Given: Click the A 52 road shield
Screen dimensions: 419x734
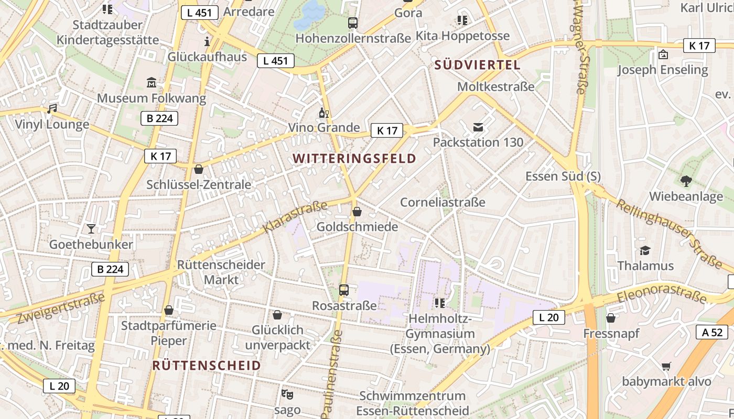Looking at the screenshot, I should coord(712,332).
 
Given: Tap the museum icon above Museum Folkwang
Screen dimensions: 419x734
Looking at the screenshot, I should coord(152,82).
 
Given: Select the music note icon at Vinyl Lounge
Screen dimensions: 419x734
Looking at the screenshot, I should coord(51,109).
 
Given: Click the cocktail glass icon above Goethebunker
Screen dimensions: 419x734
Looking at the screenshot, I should coord(91,228).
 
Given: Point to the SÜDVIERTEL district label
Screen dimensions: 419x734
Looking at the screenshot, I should coord(477,65).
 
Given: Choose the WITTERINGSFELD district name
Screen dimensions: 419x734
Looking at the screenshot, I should coord(354,158).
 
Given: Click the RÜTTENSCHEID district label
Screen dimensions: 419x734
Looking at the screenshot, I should coord(207,366).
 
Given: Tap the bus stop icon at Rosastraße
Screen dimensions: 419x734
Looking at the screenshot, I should coord(344,290).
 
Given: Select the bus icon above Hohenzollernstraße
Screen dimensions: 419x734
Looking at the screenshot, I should coord(353,23).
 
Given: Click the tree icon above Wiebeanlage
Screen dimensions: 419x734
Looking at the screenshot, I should coord(686,181).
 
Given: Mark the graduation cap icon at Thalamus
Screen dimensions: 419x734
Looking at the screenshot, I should coord(645,250).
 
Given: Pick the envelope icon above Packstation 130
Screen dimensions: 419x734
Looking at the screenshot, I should coord(478,127).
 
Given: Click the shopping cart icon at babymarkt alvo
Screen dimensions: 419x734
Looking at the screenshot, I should coord(666,366).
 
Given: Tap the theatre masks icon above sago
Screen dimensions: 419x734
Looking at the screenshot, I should coord(287,393).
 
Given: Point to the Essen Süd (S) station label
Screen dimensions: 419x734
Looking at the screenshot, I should coord(563,176).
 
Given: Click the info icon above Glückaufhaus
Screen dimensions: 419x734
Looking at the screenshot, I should coord(208,41).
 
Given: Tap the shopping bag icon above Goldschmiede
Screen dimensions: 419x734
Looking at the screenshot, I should coord(357,212).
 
